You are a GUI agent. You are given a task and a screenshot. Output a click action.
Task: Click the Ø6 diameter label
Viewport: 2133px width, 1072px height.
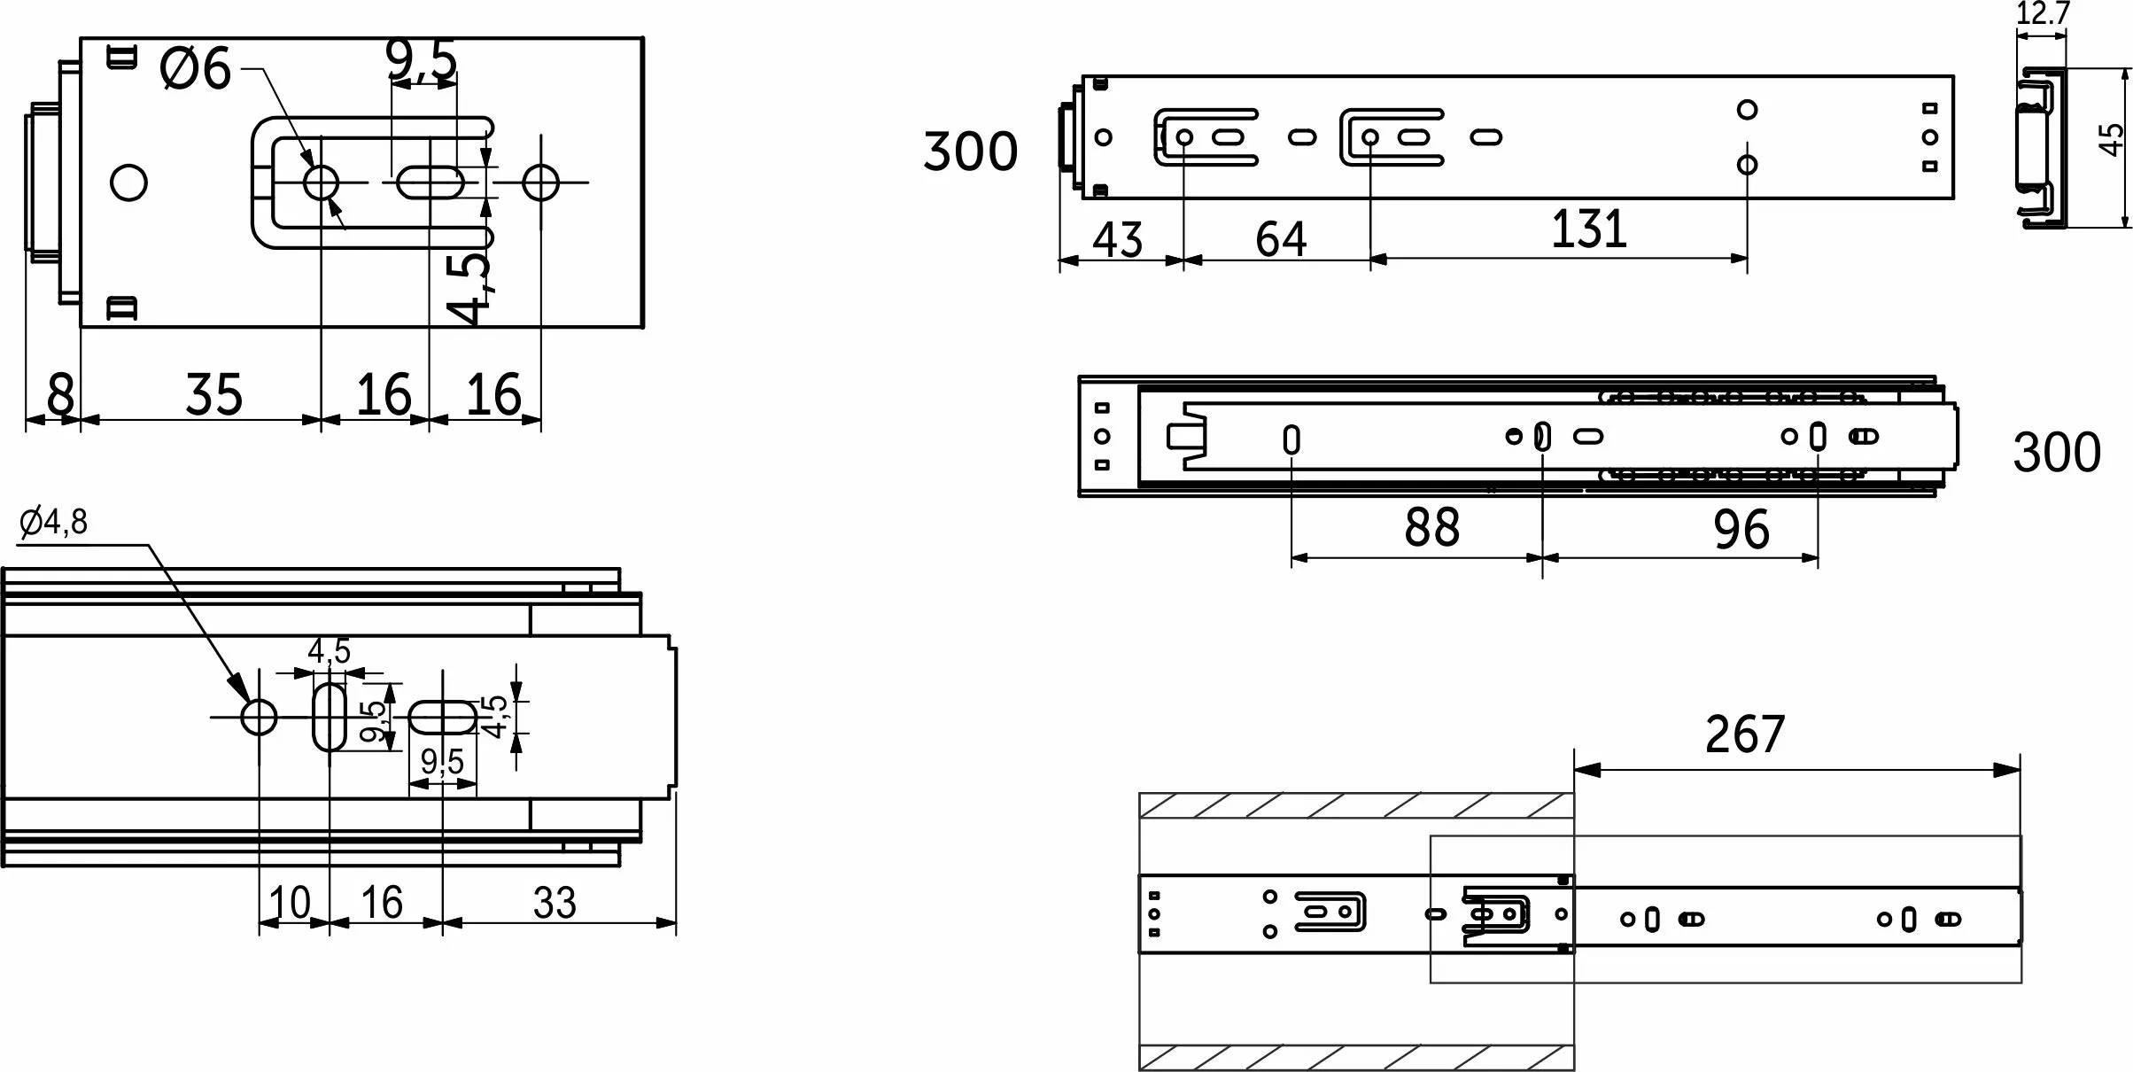(x=196, y=69)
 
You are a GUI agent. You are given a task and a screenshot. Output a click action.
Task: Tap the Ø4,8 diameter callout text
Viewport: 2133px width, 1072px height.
(x=53, y=523)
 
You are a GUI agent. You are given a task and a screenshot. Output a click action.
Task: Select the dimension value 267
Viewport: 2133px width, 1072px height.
(x=1744, y=734)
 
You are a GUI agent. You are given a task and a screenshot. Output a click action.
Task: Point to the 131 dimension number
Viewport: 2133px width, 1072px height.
(x=1589, y=229)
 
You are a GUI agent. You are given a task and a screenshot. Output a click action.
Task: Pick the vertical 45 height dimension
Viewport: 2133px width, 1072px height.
(x=2112, y=141)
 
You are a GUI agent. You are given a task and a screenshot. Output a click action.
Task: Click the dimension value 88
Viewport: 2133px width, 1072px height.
(x=1431, y=527)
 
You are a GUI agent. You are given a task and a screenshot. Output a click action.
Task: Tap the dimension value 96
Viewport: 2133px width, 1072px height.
(x=1741, y=530)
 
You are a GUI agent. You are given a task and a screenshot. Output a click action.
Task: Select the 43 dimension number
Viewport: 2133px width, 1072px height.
(x=1118, y=239)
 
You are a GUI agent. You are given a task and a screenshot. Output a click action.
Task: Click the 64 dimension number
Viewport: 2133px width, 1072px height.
(x=1281, y=239)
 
